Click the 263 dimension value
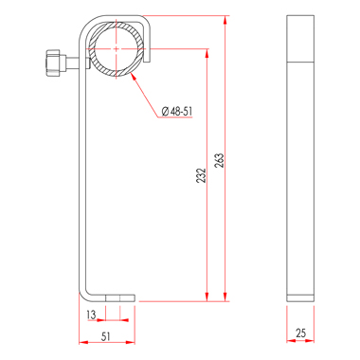(220, 160)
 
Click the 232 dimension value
(201, 175)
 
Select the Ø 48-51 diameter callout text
(177, 111)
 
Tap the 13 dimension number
(91, 315)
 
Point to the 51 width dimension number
(106, 336)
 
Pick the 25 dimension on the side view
(300, 333)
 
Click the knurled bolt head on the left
(53, 63)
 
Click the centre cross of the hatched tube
(117, 49)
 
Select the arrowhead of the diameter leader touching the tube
(134, 76)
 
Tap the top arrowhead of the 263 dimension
(225, 20)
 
